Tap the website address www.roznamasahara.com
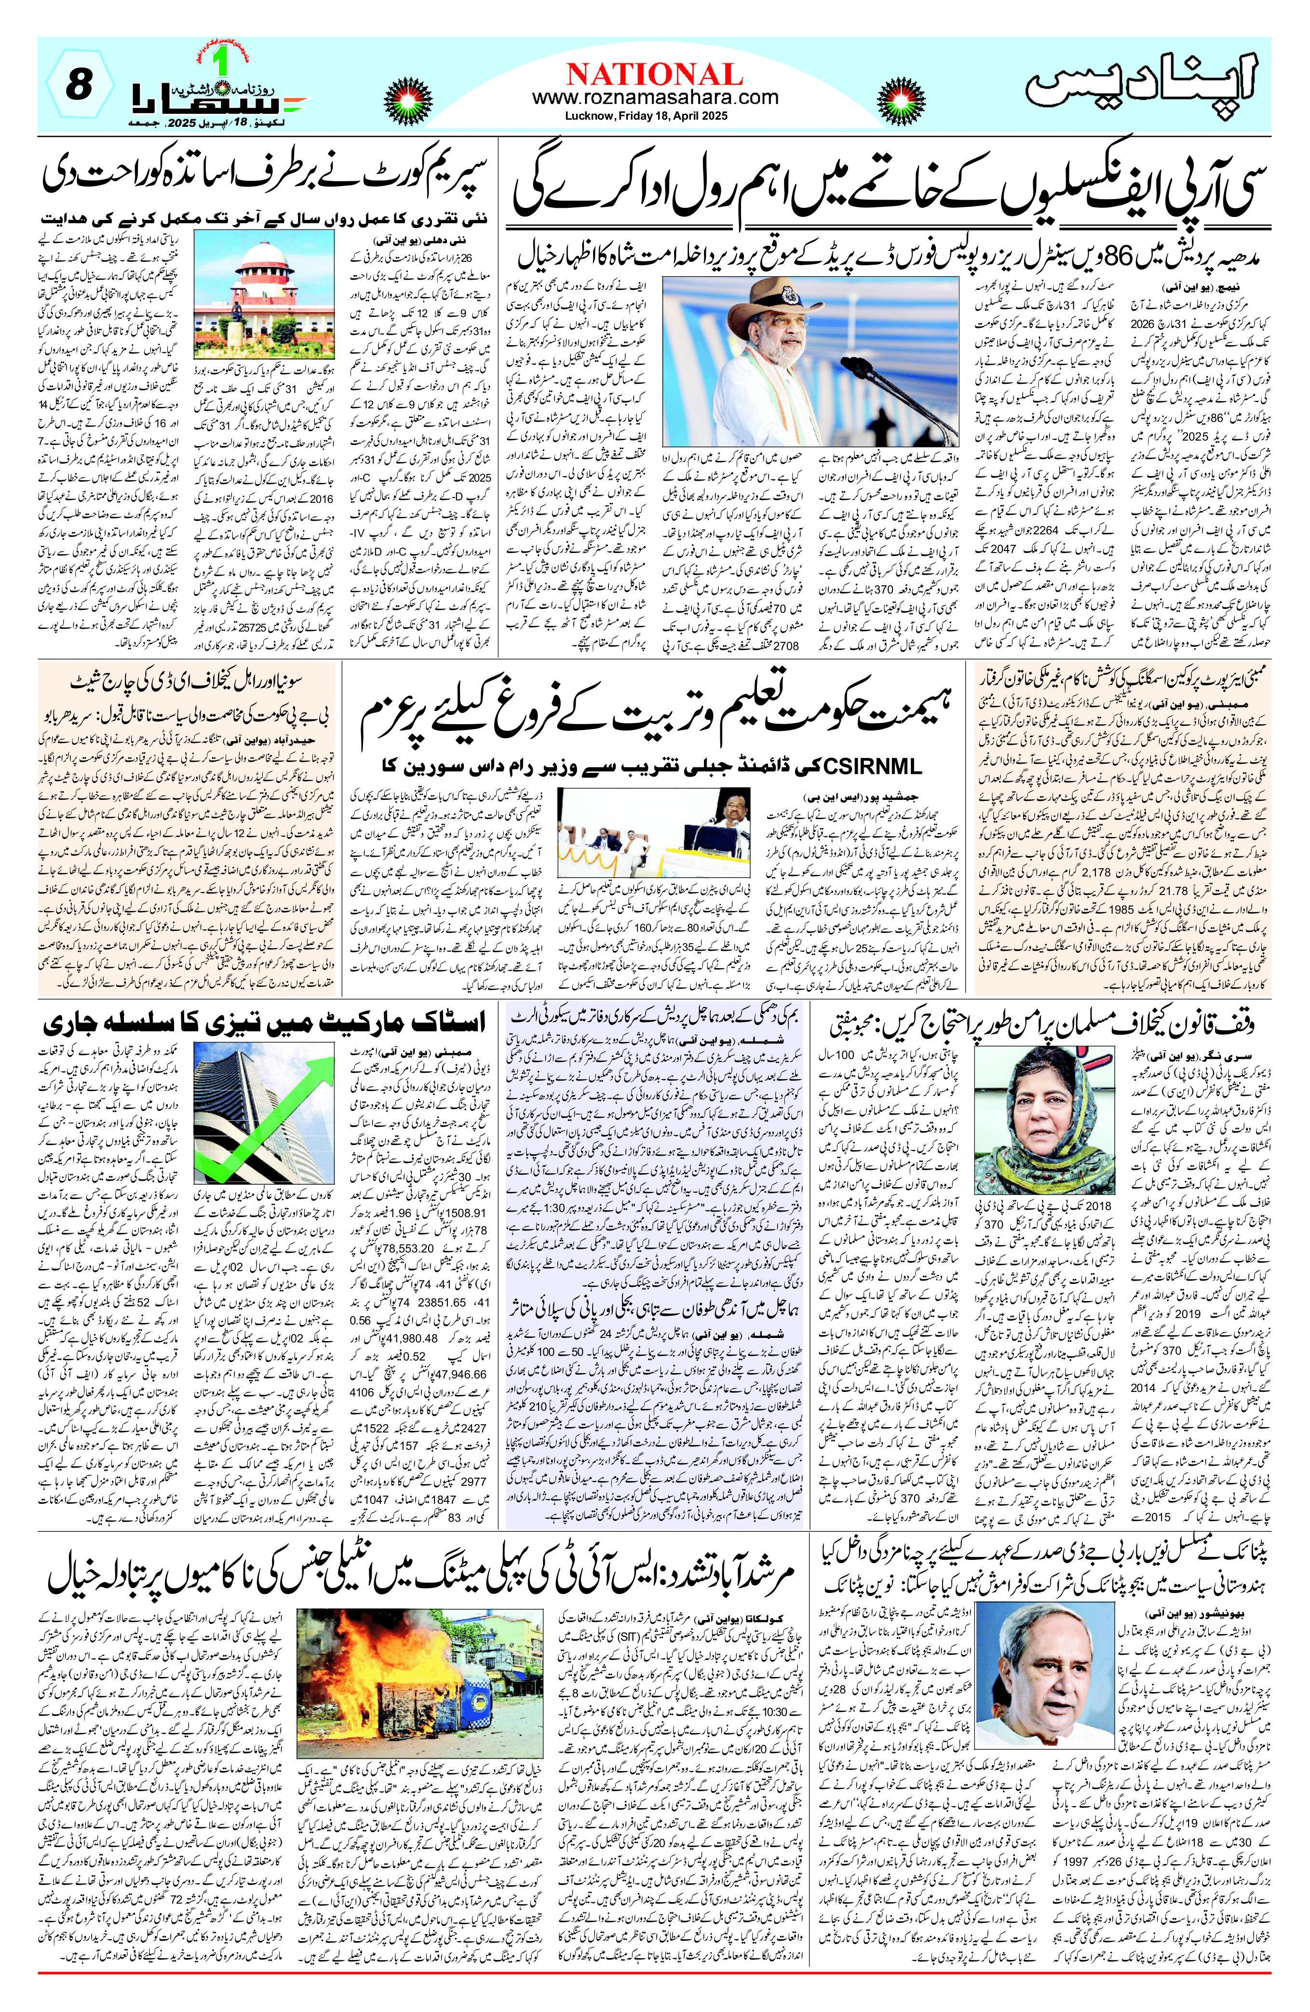(654, 97)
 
